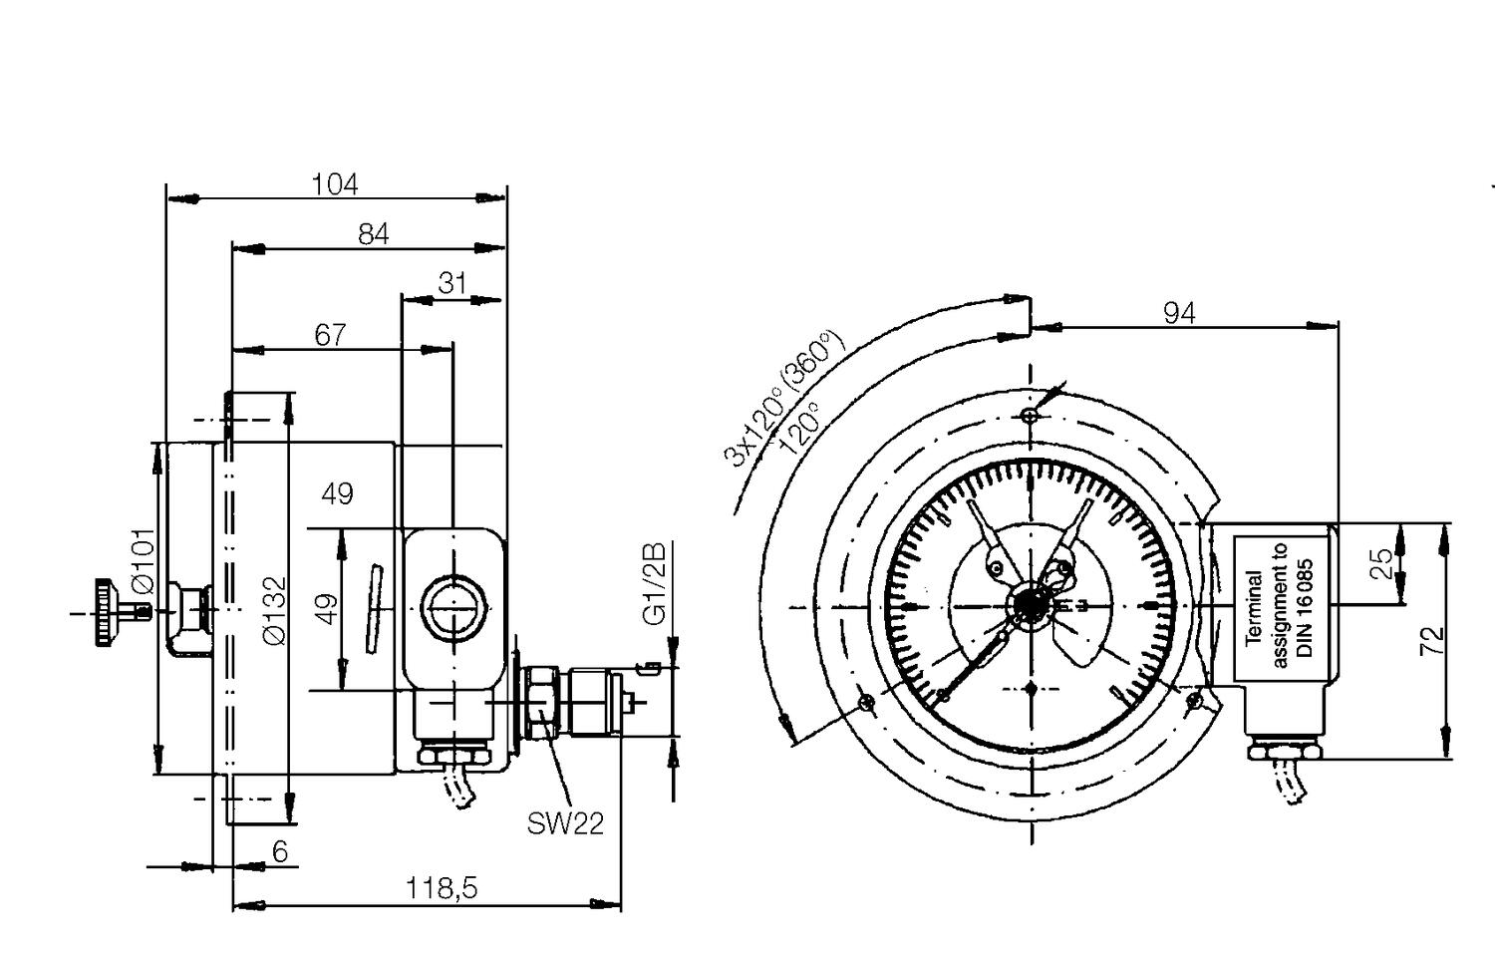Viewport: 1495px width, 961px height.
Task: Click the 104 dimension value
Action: click(334, 184)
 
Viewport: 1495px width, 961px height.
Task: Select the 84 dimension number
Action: click(373, 234)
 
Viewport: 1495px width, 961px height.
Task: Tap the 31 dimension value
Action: click(452, 284)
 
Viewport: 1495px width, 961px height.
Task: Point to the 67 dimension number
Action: click(330, 335)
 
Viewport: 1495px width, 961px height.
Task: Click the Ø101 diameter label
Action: click(143, 562)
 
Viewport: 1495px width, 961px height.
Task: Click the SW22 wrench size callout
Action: click(565, 823)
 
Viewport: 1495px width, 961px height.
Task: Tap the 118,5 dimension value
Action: click(442, 887)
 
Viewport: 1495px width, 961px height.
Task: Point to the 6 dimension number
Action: click(280, 851)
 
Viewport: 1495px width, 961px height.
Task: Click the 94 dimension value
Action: click(1179, 313)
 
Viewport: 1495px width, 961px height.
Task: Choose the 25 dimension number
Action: click(1382, 564)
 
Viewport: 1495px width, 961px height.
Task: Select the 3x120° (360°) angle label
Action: click(782, 400)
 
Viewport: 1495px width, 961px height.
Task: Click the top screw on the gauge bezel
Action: click(1031, 416)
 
